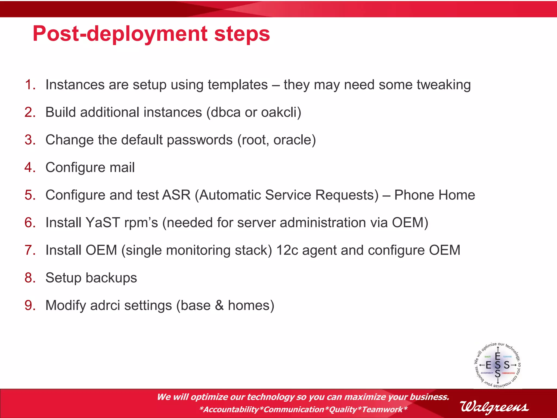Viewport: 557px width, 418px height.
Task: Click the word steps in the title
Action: [242, 34]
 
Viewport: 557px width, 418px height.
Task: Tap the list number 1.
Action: [30, 85]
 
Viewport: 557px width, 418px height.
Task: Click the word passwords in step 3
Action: [200, 140]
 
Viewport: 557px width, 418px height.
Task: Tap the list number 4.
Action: [30, 167]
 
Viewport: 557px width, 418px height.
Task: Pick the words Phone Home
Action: [434, 195]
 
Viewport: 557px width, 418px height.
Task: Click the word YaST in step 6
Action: [103, 223]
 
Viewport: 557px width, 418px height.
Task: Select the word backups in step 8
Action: [111, 278]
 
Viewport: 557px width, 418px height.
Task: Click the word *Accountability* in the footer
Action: [231, 409]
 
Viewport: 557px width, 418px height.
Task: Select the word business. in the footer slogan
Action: [429, 397]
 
